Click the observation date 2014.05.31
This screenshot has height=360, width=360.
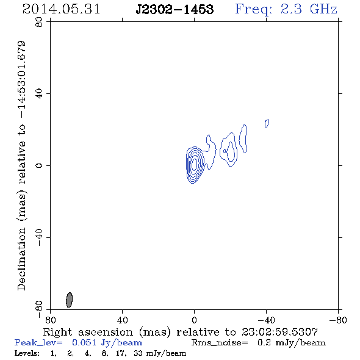61,9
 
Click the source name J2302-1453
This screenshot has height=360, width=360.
175,9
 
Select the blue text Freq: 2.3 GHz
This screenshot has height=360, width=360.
286,10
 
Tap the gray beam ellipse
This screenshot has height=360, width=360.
69,300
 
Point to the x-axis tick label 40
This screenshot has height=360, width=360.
122,320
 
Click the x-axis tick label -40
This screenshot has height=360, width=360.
266,320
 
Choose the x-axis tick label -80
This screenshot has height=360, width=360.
338,320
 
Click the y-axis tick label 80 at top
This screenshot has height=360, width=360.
39,22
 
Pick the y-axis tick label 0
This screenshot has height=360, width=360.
39,165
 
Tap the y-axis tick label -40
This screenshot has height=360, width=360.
39,237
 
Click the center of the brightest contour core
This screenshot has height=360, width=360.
194,164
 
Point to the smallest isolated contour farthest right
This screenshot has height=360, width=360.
267,123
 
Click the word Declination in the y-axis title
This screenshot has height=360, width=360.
21,259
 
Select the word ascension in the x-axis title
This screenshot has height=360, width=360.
106,332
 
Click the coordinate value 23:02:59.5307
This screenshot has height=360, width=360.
279,332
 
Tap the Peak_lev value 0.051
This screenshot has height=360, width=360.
84,342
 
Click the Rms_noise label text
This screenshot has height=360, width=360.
220,343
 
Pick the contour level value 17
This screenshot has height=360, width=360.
121,353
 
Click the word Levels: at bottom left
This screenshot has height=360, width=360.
27,353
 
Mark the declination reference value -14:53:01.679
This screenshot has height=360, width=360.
21,80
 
